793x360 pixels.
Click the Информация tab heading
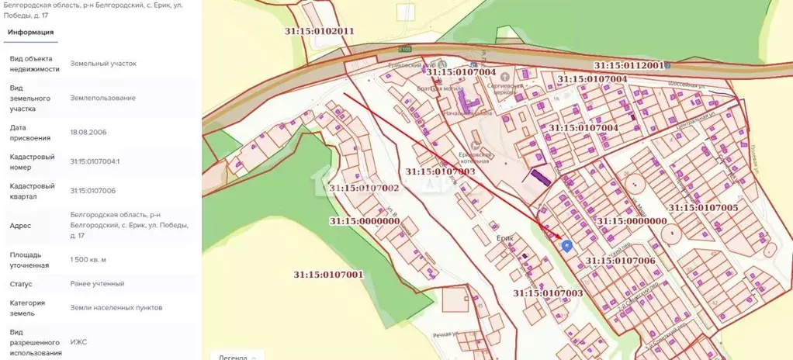pos(30,32)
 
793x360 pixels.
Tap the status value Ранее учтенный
pos(97,283)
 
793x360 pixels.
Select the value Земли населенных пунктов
pos(116,307)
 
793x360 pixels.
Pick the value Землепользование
pos(102,98)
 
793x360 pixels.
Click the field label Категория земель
pos(27,308)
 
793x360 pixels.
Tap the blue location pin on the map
pos(566,246)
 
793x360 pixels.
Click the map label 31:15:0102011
pos(318,31)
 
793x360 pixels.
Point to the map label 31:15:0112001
pos(629,66)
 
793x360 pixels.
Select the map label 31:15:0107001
pos(328,275)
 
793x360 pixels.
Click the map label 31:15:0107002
pos(364,188)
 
